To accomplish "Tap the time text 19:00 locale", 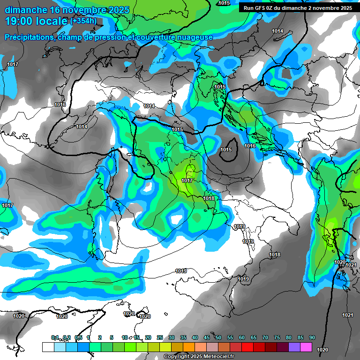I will click(x=36, y=21).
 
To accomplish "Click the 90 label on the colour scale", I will click(x=312, y=338).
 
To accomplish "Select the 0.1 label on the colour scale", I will click(x=55, y=338).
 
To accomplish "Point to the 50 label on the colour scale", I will click(x=218, y=338).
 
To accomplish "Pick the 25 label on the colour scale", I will click(x=160, y=338).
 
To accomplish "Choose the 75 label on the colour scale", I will click(x=277, y=338).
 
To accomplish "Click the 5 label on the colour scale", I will click(x=112, y=338).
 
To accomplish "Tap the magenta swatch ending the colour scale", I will click(x=306, y=347).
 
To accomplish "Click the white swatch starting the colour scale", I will click(x=48, y=347).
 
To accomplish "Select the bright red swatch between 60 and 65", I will click(x=247, y=347).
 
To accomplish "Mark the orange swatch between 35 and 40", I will click(x=189, y=347).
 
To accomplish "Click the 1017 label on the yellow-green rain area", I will click(x=187, y=180).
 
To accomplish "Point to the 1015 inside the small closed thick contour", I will click(x=226, y=150).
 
